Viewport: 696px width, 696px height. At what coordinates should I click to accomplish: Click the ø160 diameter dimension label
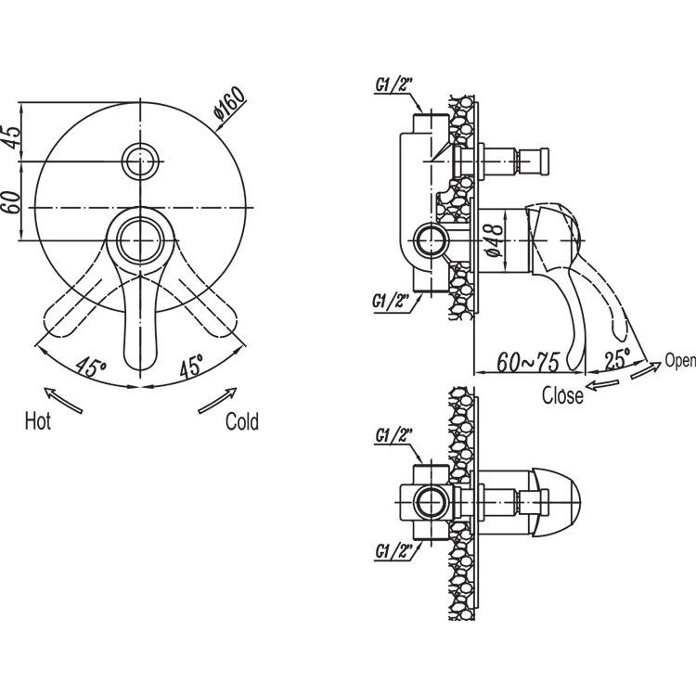[229, 103]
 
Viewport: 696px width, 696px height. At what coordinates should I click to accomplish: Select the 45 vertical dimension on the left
[11, 137]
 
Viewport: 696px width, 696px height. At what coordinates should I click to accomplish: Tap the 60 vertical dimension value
[11, 202]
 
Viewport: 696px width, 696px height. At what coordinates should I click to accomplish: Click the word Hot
[38, 420]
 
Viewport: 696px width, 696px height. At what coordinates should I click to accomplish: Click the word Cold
[242, 421]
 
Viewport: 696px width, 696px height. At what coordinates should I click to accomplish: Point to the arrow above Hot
[63, 400]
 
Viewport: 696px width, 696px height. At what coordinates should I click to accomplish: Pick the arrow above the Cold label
[217, 400]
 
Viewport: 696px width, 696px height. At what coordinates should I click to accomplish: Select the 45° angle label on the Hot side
[91, 367]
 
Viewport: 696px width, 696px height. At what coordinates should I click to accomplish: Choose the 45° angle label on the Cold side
[191, 366]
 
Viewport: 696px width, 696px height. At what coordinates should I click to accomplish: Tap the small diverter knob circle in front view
[140, 161]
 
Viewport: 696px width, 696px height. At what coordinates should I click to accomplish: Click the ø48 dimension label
[495, 240]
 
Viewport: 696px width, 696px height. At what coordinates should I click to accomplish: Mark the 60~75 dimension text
[528, 362]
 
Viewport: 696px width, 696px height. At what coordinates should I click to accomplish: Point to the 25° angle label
[617, 358]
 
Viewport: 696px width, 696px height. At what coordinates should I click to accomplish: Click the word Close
[562, 395]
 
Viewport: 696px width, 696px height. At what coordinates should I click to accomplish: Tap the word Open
[680, 360]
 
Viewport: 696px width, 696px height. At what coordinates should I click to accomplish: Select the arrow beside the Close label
[602, 385]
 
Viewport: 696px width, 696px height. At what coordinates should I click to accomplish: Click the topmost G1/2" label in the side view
[394, 84]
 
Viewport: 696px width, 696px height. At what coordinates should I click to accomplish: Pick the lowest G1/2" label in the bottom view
[394, 551]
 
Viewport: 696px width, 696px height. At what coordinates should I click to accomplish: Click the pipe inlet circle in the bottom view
[431, 502]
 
